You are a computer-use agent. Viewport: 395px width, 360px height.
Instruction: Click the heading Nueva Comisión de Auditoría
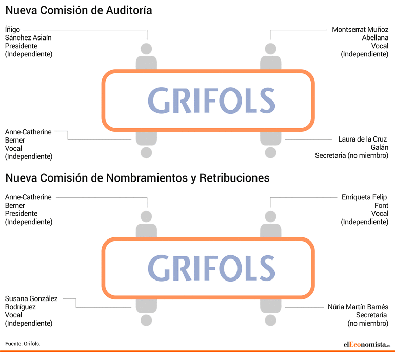click(78, 11)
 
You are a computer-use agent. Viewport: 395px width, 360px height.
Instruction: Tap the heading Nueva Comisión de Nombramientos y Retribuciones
click(137, 178)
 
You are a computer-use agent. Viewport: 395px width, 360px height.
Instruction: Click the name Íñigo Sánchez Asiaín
click(28, 33)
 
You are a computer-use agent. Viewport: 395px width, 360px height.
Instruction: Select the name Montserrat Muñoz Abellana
click(360, 33)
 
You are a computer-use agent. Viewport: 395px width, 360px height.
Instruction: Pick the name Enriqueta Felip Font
click(365, 201)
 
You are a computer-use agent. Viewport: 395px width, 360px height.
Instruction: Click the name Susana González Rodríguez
click(31, 303)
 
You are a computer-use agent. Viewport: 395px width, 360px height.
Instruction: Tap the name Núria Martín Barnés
click(358, 307)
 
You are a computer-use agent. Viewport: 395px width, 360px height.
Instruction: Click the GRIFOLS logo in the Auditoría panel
click(211, 101)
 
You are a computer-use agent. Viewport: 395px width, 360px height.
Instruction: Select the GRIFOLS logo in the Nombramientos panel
click(211, 268)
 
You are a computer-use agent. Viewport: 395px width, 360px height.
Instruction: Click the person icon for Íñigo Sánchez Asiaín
click(146, 56)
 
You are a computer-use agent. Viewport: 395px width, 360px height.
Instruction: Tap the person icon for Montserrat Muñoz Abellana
click(270, 56)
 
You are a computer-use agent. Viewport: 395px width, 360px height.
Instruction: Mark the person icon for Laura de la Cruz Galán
click(270, 145)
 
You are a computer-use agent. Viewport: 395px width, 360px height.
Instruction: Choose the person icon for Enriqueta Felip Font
click(270, 224)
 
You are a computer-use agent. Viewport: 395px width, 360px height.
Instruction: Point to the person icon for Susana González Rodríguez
click(146, 312)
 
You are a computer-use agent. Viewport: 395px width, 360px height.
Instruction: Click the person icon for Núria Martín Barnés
click(270, 312)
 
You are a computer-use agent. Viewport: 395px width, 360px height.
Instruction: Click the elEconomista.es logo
click(367, 344)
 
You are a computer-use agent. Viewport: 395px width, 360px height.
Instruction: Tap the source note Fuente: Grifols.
click(23, 344)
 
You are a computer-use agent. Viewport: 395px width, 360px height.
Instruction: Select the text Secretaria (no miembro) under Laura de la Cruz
click(352, 155)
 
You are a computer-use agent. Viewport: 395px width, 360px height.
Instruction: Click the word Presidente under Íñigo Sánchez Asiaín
click(21, 46)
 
